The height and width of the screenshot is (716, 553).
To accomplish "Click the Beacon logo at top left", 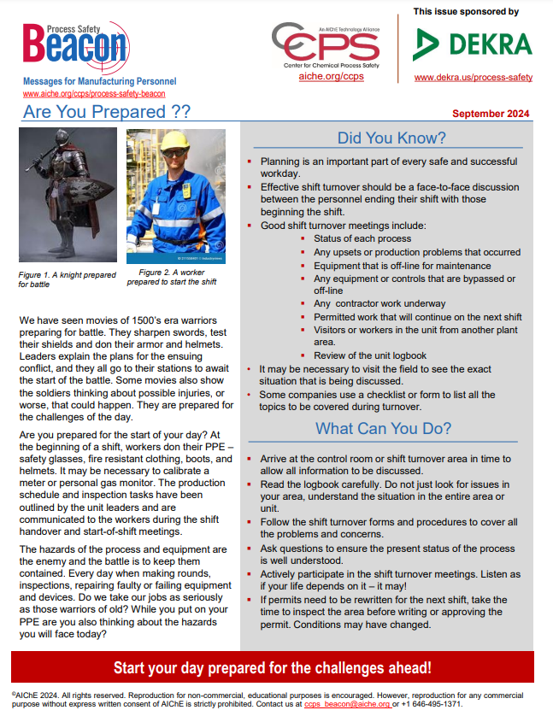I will tap(75, 48).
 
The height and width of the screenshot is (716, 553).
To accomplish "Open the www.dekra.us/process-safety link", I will tap(473, 78).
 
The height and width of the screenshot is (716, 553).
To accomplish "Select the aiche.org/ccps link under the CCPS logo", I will tap(331, 77).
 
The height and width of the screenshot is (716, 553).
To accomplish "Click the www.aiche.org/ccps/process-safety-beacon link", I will tap(94, 94).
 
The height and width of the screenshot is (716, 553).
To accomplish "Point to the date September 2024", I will tap(490, 114).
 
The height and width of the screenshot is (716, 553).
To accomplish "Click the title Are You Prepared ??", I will tap(106, 113).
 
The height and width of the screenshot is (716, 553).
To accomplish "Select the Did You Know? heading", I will tap(391, 138).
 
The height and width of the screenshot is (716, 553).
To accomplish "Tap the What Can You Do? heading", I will tap(383, 429).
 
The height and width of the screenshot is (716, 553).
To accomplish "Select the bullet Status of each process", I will tap(362, 238).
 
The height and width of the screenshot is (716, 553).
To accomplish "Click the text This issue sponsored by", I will tap(466, 12).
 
